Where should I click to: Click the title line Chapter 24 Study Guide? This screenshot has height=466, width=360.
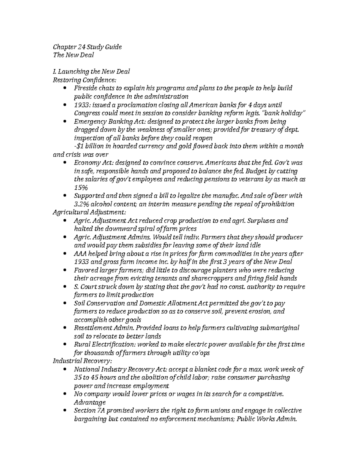click(87, 47)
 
